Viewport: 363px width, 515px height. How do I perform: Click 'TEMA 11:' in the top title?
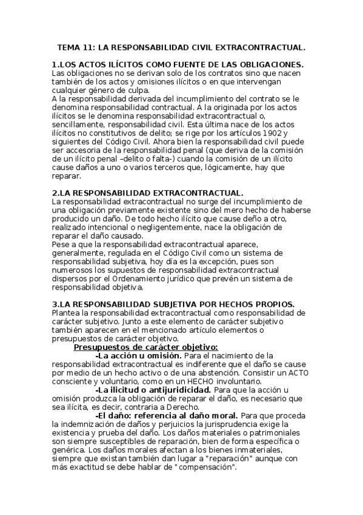click(75, 46)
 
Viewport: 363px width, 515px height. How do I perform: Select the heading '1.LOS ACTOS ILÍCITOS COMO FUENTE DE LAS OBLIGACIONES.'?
click(178, 65)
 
